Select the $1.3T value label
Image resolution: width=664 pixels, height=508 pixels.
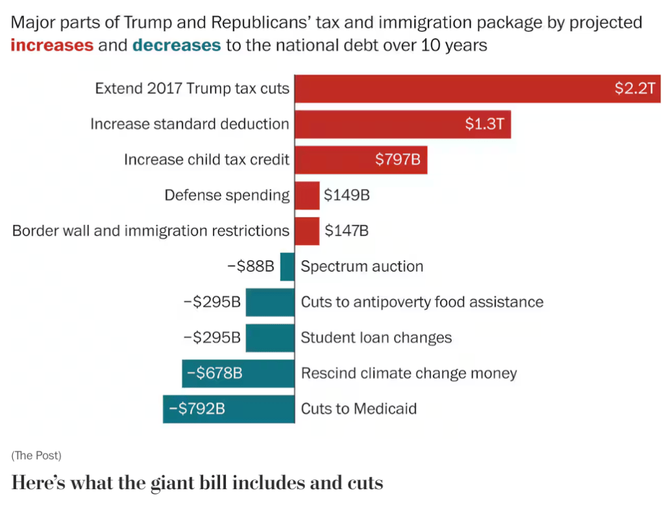tap(484, 124)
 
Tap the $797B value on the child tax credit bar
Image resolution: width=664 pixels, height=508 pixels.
tap(398, 160)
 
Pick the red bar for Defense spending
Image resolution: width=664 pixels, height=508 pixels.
tap(307, 195)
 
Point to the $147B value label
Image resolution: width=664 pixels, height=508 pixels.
tap(347, 231)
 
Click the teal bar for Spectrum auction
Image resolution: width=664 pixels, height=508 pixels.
tap(287, 266)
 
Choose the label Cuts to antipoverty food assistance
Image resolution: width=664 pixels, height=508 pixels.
tap(422, 302)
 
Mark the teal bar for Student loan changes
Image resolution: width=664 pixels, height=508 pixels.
tap(270, 338)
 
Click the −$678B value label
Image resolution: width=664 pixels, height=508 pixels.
tap(215, 374)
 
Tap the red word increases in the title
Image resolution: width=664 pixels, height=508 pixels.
tap(52, 45)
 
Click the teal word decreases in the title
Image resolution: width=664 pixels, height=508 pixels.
tap(177, 45)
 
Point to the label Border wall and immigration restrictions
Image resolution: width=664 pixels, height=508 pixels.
tap(151, 231)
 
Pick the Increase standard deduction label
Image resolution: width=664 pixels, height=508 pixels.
tap(190, 124)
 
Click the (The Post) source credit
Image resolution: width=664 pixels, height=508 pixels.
tap(36, 455)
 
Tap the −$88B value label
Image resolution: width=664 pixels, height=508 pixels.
tap(251, 266)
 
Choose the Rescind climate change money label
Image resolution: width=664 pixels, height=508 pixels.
tap(409, 374)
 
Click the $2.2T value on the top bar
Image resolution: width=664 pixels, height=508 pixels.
tap(635, 89)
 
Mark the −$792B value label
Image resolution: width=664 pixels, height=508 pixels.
tap(197, 409)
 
